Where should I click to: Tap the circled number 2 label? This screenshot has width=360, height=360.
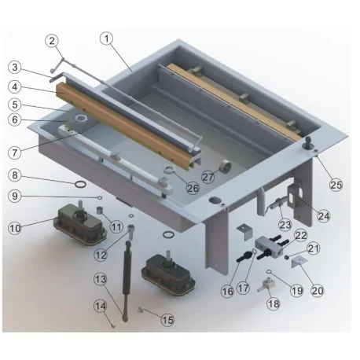52,41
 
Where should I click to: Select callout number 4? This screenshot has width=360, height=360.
14,86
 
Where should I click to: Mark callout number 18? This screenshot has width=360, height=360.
274,303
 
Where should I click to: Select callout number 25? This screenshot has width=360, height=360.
336,185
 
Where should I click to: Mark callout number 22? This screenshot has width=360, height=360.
302,235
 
